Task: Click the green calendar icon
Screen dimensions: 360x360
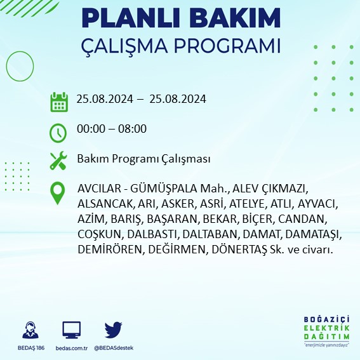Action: point(59,101)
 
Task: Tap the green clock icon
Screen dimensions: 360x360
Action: point(58,132)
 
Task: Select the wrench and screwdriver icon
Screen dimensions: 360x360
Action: point(58,160)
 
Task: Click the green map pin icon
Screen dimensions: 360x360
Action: point(58,193)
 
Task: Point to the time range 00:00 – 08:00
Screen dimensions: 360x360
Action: point(111,129)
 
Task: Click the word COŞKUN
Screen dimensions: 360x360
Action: point(97,234)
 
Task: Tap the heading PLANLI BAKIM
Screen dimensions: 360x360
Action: point(181,18)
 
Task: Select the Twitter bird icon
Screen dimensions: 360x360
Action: point(114,330)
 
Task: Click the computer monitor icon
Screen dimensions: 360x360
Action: point(72,330)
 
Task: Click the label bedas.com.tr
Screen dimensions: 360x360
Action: point(72,348)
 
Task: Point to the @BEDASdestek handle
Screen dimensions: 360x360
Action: point(114,348)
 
